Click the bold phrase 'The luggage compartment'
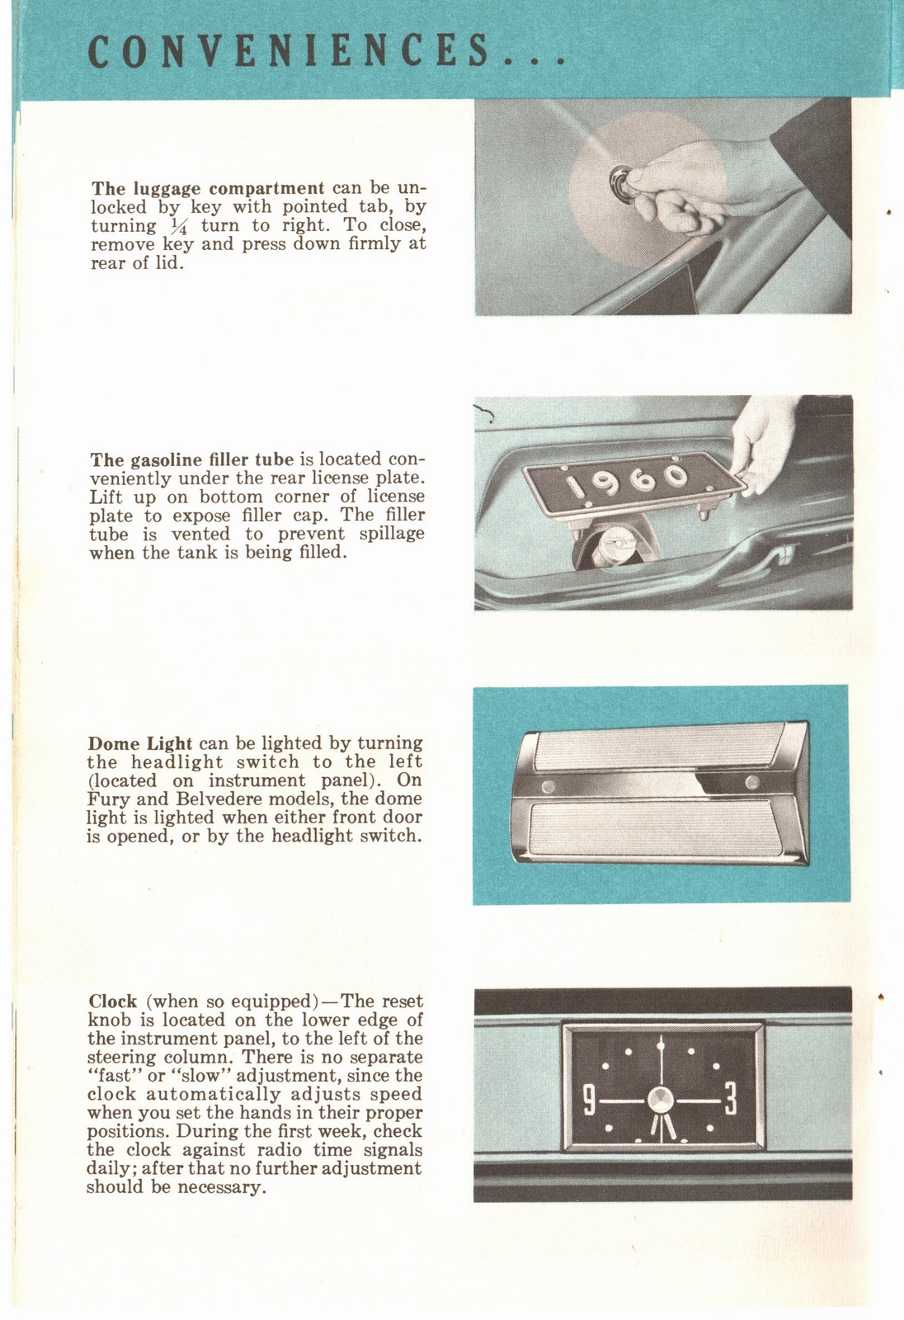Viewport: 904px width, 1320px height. coord(208,187)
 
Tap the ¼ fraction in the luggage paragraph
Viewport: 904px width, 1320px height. coord(180,226)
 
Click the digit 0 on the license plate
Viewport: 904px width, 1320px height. coord(678,475)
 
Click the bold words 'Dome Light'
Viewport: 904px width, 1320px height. coord(140,743)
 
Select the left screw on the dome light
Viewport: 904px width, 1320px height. coord(546,783)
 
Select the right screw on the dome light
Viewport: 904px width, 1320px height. coord(751,781)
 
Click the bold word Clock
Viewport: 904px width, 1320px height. coord(113,1002)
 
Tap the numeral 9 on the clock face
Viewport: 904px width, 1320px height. coord(589,1101)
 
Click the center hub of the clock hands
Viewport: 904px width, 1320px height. coord(661,1101)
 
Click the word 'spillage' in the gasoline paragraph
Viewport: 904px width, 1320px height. coord(391,533)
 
